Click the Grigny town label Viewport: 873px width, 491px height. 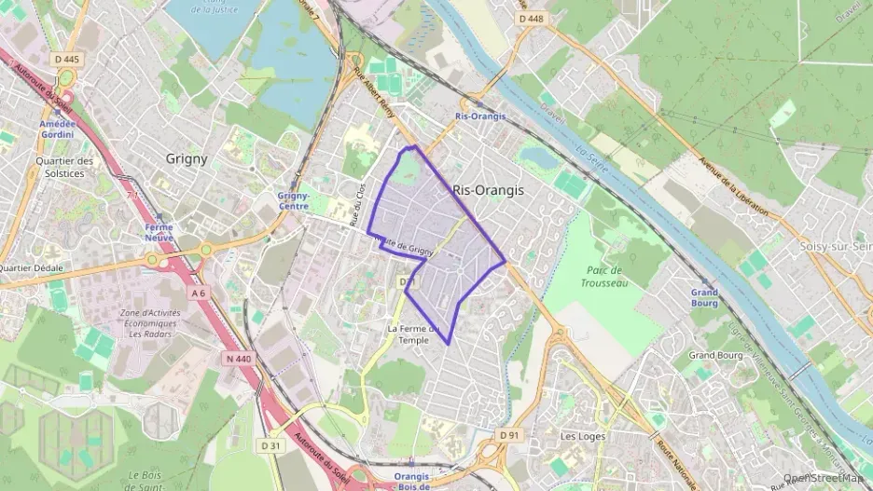(x=187, y=158)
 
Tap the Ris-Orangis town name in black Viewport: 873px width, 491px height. (x=488, y=189)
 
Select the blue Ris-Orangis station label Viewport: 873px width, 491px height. (x=480, y=116)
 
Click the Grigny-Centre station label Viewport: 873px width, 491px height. (x=294, y=201)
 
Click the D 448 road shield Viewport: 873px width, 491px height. (x=530, y=18)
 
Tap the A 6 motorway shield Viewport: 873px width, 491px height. (x=198, y=293)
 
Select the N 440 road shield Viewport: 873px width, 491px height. (x=237, y=359)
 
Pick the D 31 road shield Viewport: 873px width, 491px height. (x=270, y=445)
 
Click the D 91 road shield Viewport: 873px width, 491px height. (x=508, y=434)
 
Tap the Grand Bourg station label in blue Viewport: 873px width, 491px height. (x=704, y=298)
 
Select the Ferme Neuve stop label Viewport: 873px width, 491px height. (x=159, y=232)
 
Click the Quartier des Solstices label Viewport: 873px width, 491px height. (x=64, y=166)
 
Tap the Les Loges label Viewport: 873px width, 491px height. (x=583, y=436)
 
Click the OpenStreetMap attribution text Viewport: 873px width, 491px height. (x=826, y=479)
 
